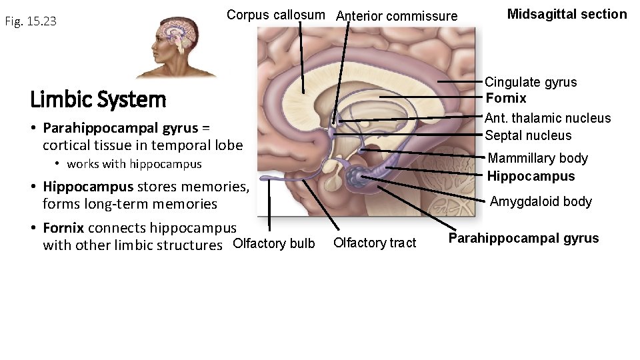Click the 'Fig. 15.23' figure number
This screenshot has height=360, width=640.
click(x=31, y=21)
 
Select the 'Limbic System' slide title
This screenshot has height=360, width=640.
click(x=98, y=100)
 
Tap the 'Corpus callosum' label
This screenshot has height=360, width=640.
click(x=276, y=15)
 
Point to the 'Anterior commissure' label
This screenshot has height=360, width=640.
click(x=397, y=16)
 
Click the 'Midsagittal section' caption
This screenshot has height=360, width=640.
click(x=567, y=14)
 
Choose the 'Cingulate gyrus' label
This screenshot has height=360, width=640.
click(x=531, y=82)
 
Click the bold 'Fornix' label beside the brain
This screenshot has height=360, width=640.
click(x=506, y=98)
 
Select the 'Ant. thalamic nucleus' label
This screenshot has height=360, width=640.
click(x=547, y=118)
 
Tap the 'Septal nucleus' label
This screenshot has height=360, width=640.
click(x=528, y=135)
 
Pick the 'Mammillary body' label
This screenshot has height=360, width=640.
click(x=537, y=158)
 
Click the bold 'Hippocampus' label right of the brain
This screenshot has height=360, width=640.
click(x=531, y=176)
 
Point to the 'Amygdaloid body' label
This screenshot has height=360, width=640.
click(x=541, y=201)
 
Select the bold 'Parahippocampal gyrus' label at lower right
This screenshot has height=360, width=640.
click(x=523, y=238)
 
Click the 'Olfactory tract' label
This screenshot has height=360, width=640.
click(x=374, y=243)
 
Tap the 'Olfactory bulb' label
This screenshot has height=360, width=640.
click(x=273, y=243)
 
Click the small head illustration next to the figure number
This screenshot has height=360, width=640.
click(x=176, y=47)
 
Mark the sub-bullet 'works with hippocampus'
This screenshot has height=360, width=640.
click(x=134, y=164)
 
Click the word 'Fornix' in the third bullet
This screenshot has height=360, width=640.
click(x=63, y=228)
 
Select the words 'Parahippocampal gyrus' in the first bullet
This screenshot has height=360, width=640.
click(x=120, y=127)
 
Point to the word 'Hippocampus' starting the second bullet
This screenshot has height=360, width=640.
click(x=88, y=187)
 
